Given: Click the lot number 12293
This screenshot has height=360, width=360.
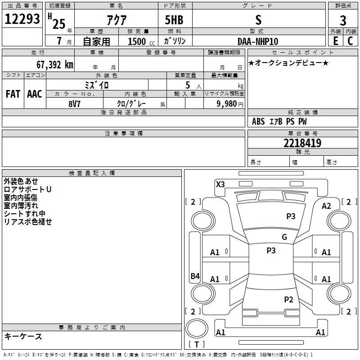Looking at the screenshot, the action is tap(22, 19).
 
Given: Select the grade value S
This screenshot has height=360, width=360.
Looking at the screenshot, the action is tap(258, 20).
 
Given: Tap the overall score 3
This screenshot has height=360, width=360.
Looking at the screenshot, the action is tap(343, 21).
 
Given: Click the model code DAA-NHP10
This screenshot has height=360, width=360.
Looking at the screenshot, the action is tap(258, 41).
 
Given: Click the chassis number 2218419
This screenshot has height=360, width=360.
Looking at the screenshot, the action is tap(302, 143).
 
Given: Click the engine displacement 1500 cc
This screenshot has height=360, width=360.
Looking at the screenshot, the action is tap(139, 41).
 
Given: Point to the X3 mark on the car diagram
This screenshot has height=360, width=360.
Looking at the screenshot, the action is tap(220, 184).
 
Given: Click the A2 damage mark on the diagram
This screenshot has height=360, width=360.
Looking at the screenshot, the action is tap(326, 206).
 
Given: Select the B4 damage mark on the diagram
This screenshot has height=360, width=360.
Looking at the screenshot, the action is tap(195, 276).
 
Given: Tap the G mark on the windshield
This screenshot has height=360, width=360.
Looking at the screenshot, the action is tap(284, 237).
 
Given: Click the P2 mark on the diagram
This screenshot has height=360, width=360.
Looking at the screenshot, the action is tap(288, 299).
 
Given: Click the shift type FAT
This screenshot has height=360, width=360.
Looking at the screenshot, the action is tap(13, 94).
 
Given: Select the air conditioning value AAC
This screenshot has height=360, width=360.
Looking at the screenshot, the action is tap(35, 94).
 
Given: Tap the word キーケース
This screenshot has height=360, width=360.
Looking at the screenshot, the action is tap(23, 336).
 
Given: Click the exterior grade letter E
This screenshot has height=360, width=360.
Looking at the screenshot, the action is tap(335, 41).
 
